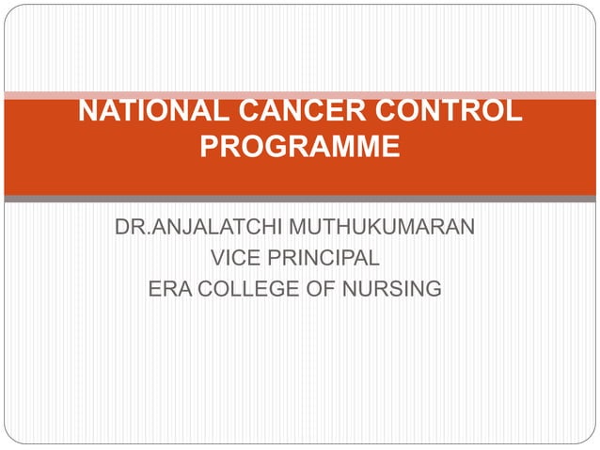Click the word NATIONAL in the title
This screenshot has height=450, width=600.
coord(147,113)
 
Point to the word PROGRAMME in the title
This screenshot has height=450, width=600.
coord(300,149)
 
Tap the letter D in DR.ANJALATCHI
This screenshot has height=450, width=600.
coord(121,229)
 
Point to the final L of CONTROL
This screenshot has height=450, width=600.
coord(513,113)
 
